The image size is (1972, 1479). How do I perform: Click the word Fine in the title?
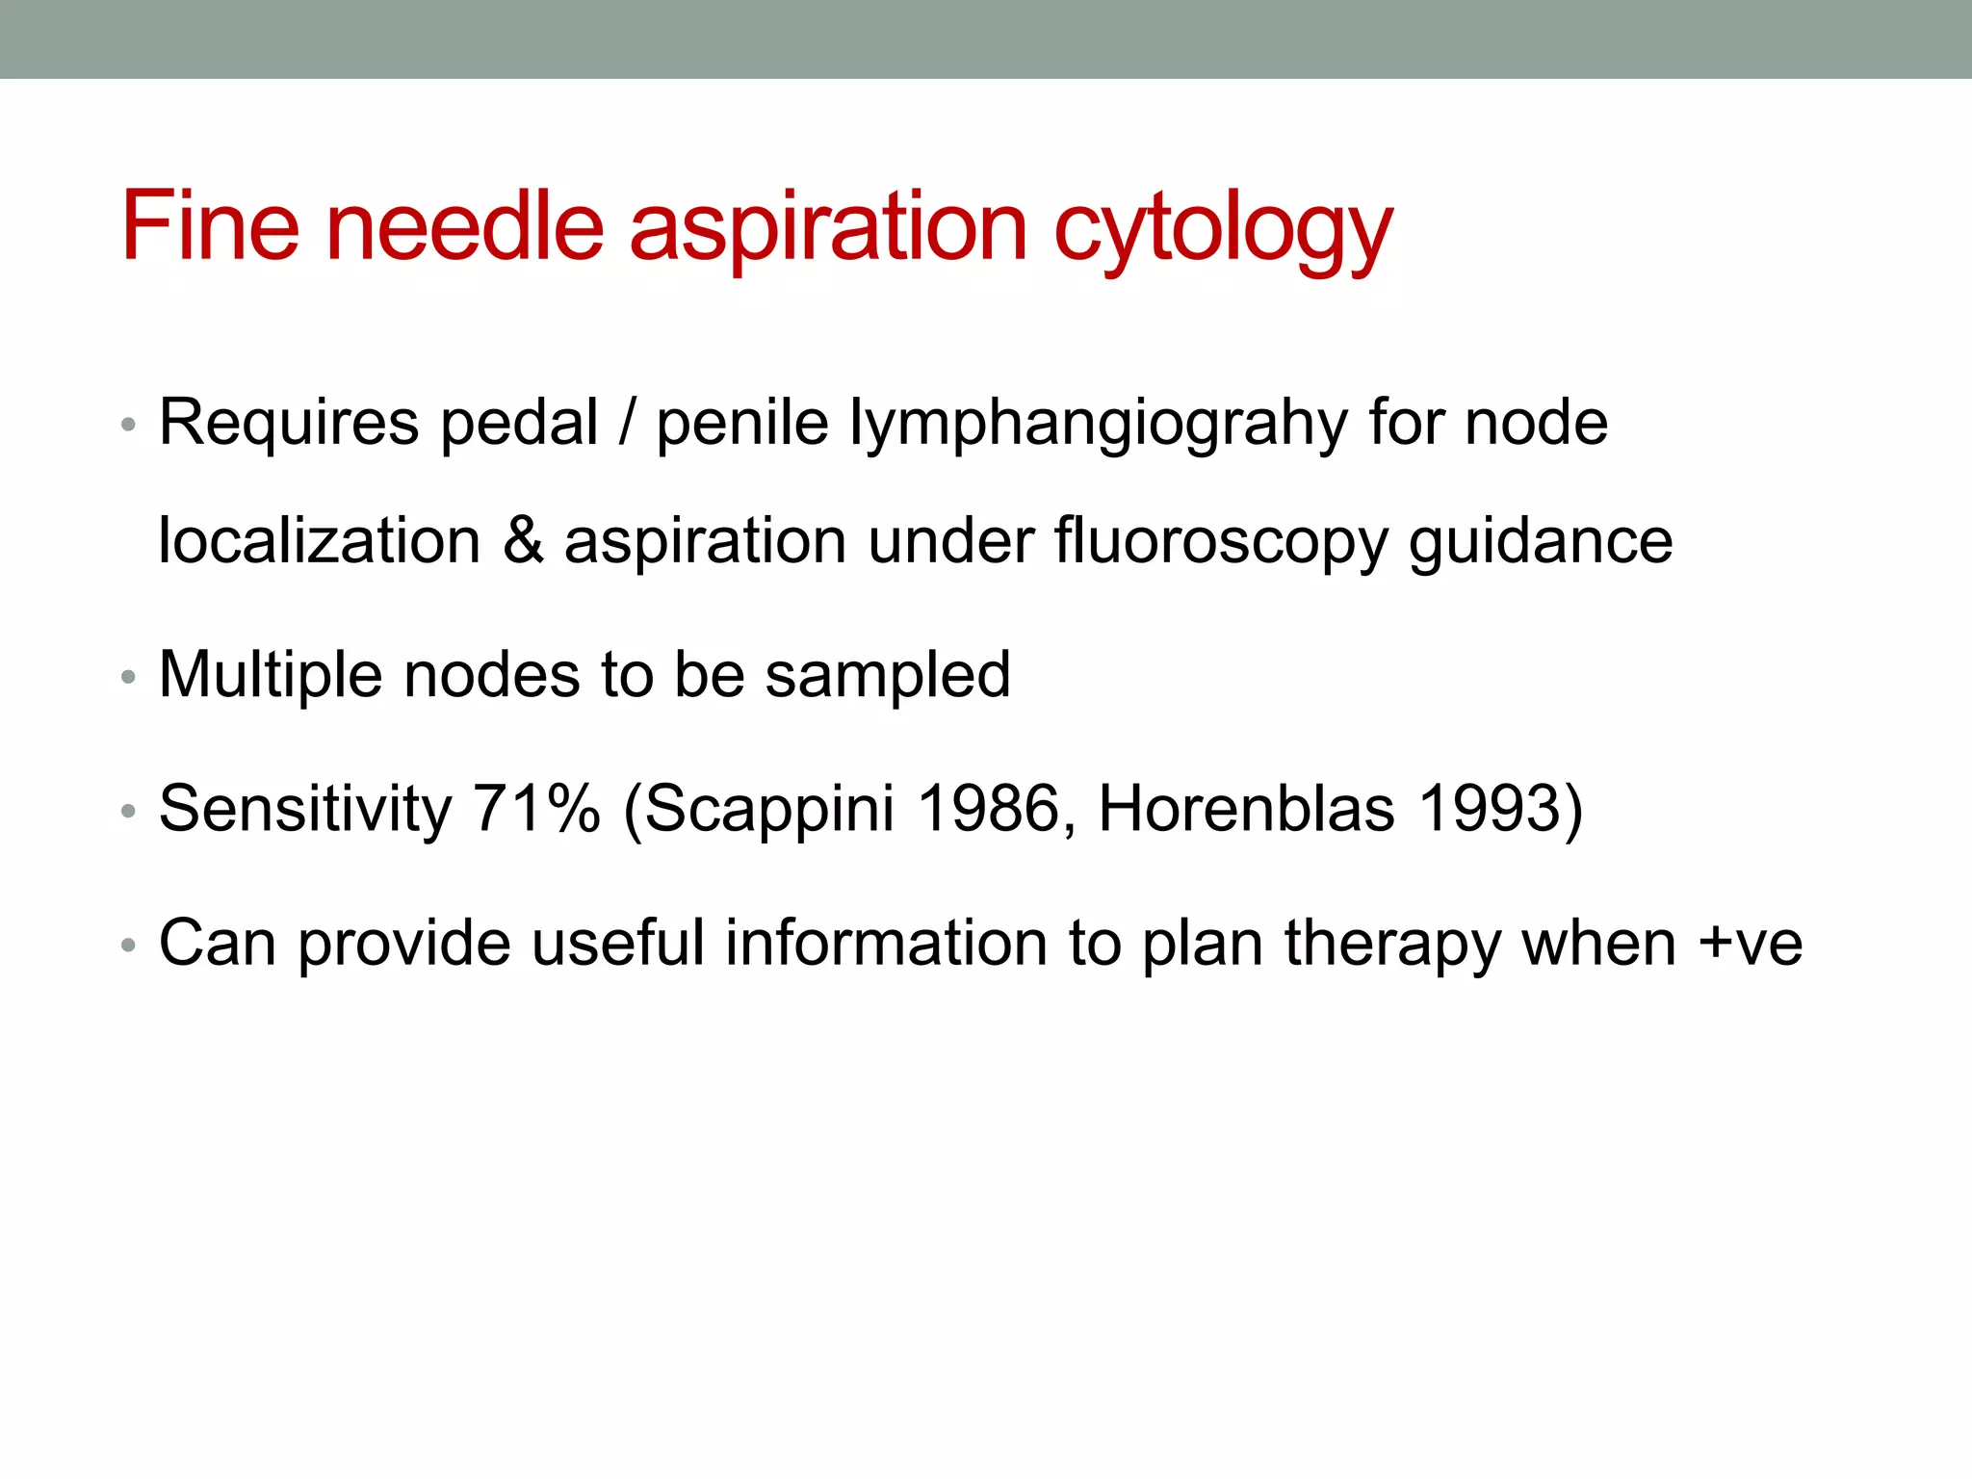tap(210, 226)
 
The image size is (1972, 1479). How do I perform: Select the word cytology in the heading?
tap(1223, 231)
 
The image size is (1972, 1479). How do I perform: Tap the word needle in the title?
tap(465, 226)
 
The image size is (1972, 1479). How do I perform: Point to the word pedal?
tap(519, 425)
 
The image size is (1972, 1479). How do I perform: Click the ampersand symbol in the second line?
tap(523, 540)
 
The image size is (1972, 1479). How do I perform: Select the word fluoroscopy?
tap(1220, 542)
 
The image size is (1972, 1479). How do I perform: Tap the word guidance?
tap(1541, 542)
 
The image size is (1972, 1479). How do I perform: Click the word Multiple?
tap(271, 676)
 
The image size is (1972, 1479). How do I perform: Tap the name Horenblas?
tap(1246, 809)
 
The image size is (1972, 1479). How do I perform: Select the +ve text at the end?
tap(1750, 944)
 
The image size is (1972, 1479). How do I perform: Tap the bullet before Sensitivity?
tap(128, 812)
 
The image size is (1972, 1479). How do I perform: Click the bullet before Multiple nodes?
tap(128, 678)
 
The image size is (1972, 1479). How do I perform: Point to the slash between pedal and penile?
tap(627, 425)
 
